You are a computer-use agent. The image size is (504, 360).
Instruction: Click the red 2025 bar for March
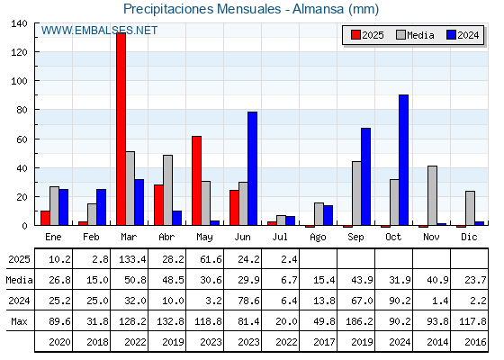(x=121, y=129)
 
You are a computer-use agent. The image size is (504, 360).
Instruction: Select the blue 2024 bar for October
(x=404, y=160)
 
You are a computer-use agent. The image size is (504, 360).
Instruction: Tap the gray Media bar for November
(x=432, y=196)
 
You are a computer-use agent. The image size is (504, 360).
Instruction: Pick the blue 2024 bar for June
(x=252, y=168)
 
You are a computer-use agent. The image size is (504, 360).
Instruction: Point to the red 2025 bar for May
(x=197, y=181)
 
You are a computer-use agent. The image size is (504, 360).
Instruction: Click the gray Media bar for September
(x=356, y=193)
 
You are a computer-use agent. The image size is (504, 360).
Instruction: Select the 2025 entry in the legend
(x=368, y=35)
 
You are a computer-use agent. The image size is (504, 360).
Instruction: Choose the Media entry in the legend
(x=415, y=35)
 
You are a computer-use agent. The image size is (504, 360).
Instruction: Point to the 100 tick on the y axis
(x=19, y=81)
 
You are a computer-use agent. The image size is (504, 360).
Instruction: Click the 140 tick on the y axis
(x=19, y=23)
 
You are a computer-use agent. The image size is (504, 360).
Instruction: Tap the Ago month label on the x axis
(x=318, y=238)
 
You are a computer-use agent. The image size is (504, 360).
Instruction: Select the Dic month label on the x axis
(x=469, y=237)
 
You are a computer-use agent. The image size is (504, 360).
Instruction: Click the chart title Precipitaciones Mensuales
(x=202, y=9)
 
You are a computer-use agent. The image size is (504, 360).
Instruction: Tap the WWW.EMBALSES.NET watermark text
(x=99, y=31)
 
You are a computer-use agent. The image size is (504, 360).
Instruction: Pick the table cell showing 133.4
(x=132, y=259)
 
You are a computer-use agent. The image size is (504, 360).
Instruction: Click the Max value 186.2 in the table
(x=359, y=321)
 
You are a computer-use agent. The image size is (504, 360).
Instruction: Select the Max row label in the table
(x=19, y=321)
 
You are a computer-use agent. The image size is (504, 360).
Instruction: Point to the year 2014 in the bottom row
(x=437, y=342)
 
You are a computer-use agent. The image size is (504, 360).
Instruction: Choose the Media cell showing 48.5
(x=173, y=280)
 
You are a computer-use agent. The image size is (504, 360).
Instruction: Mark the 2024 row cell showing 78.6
(x=248, y=301)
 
